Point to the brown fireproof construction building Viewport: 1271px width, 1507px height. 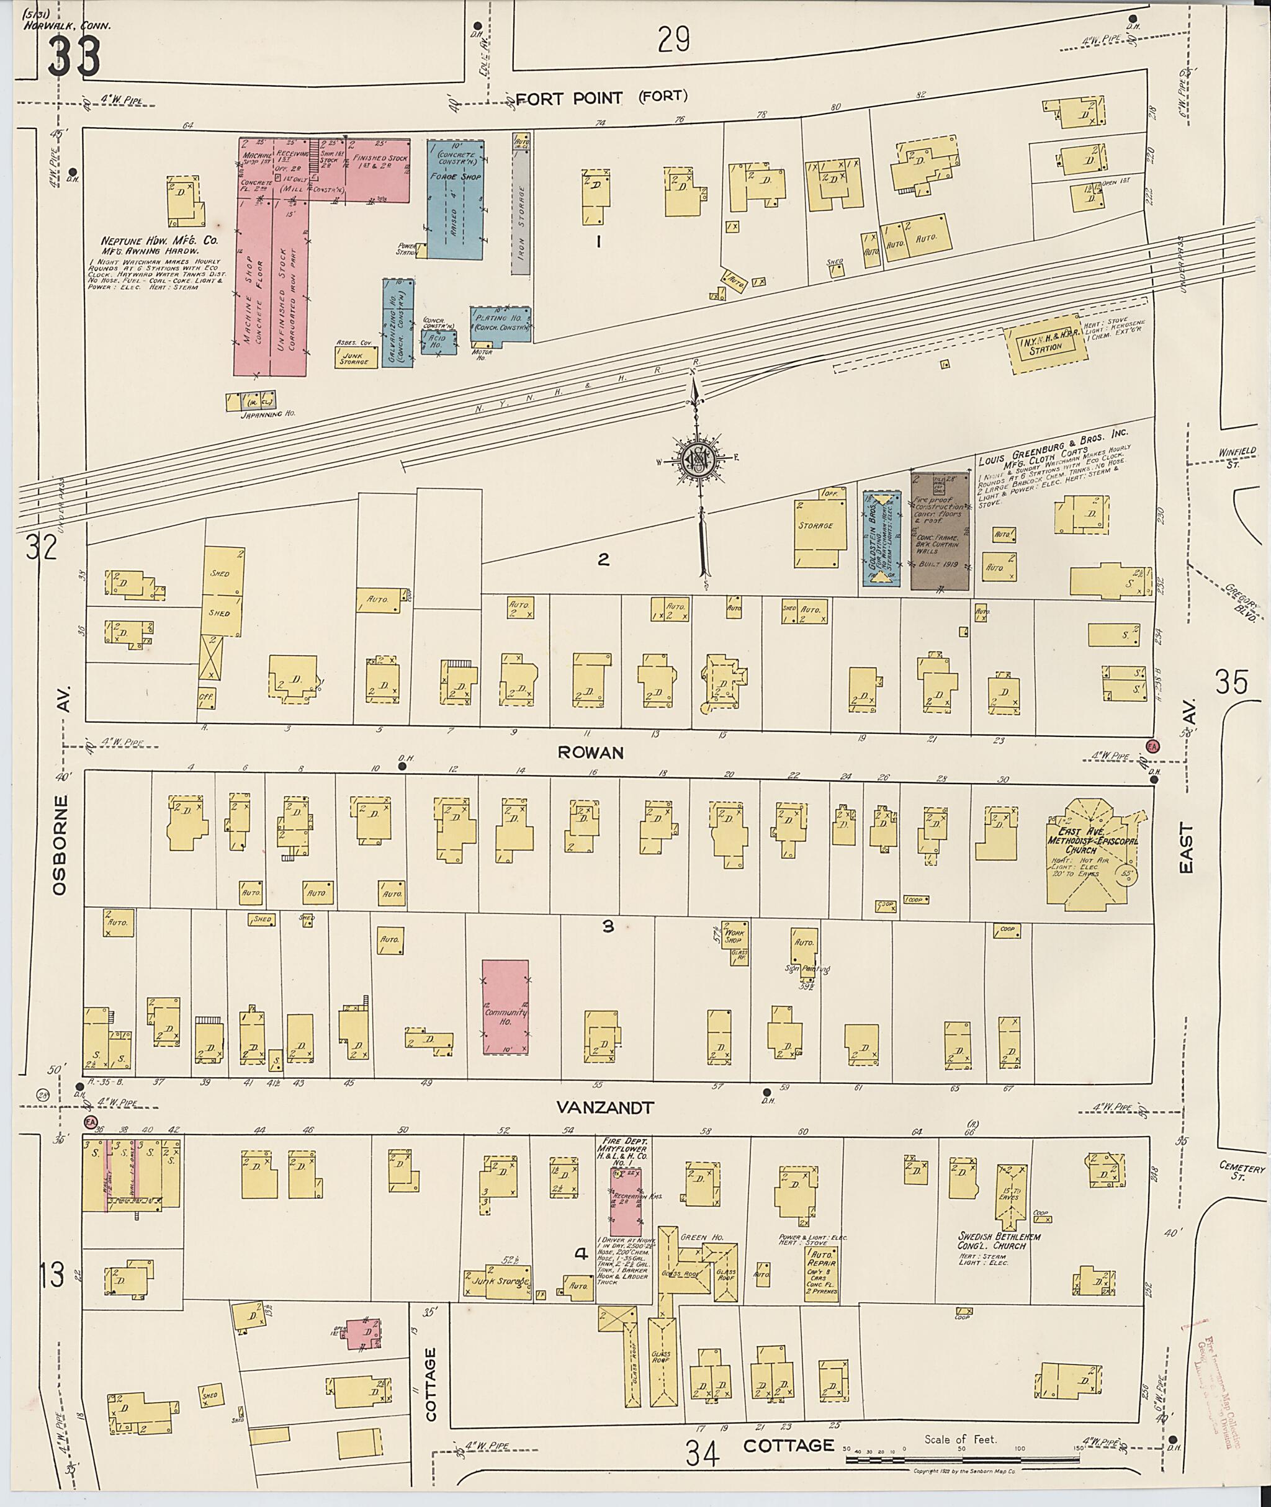coord(939,532)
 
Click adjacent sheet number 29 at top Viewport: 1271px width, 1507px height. coord(674,40)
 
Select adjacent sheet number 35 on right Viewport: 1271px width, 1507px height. coord(1231,681)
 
